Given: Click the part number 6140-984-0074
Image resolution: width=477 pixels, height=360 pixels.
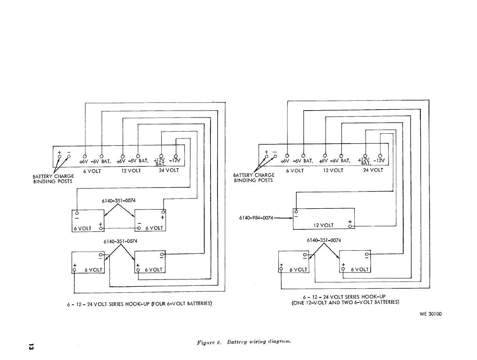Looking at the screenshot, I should click(256, 218).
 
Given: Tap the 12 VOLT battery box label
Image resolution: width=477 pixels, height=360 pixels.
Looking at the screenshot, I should click(323, 225).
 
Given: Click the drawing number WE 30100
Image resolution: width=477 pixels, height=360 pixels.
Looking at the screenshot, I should click(430, 314).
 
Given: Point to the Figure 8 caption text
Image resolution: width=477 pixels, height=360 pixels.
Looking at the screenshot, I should click(244, 342).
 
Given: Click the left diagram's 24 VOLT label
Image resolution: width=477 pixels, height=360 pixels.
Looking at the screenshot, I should click(169, 170).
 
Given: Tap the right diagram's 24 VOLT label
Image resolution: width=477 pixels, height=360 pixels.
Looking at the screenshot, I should click(373, 170).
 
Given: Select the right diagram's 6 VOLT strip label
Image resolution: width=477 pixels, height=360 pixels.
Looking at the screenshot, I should click(295, 171).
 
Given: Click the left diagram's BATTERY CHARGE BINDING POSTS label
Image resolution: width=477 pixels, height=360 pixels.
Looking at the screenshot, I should click(53, 179).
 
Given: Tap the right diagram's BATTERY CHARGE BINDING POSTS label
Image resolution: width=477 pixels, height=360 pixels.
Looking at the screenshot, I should click(254, 178).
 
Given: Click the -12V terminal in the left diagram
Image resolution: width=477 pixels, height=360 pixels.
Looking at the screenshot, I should click(175, 156).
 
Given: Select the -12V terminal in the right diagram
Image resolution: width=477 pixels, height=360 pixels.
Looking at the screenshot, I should click(380, 156).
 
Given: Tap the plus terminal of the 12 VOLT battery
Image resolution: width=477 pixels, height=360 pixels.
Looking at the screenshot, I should click(351, 225).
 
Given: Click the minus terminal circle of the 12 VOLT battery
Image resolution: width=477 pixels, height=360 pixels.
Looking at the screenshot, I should click(296, 211).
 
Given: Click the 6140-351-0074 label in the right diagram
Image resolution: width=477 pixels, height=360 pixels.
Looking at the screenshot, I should click(324, 240).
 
